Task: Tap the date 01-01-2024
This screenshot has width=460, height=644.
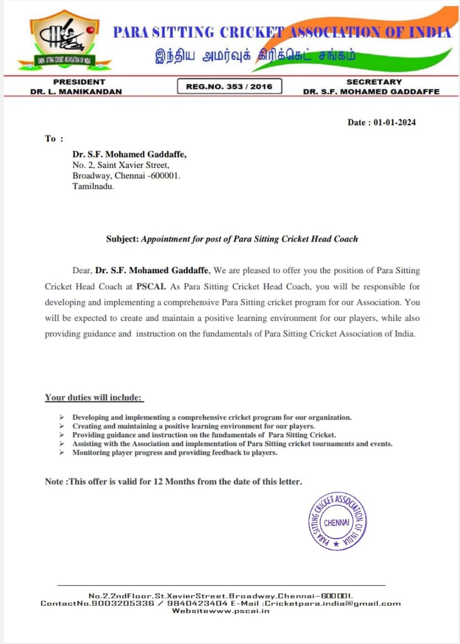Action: click(x=395, y=122)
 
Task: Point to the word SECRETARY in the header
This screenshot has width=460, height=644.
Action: click(x=374, y=82)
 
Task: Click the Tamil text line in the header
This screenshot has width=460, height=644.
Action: click(x=255, y=56)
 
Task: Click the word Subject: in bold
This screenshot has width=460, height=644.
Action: click(x=122, y=239)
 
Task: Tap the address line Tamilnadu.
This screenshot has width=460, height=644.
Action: click(x=93, y=187)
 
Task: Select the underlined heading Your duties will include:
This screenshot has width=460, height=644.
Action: click(x=94, y=397)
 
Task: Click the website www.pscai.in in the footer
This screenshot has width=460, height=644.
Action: click(x=235, y=610)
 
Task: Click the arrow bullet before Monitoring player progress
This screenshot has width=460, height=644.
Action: click(x=61, y=453)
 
